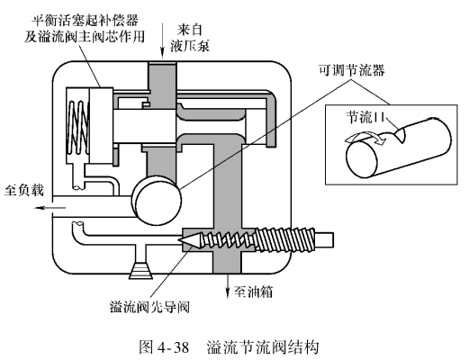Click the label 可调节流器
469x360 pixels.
click(x=351, y=71)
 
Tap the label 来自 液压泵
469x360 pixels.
click(x=190, y=38)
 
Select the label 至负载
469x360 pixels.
click(x=24, y=190)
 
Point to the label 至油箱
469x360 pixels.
click(x=254, y=292)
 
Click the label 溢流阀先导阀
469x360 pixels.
click(x=149, y=307)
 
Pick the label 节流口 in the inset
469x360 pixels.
click(x=365, y=117)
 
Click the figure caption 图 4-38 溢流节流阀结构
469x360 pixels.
click(x=229, y=347)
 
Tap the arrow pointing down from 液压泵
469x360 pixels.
click(x=162, y=40)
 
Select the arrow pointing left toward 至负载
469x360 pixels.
click(x=50, y=208)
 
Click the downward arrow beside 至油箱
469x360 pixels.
click(x=228, y=285)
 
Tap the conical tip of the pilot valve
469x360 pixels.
click(x=189, y=240)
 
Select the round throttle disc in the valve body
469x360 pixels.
click(x=157, y=200)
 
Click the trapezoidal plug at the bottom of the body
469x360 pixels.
click(x=141, y=270)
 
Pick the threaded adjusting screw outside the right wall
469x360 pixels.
click(x=285, y=240)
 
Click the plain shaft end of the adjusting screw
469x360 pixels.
click(x=325, y=239)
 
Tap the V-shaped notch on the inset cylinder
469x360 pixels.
click(x=401, y=133)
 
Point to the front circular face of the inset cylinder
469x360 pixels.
click(x=362, y=159)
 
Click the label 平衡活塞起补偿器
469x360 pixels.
click(x=86, y=21)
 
